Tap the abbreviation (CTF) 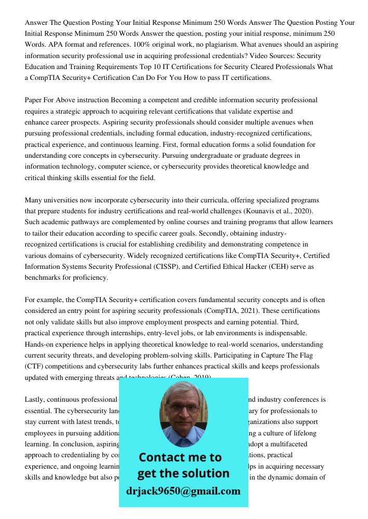[x=34, y=366]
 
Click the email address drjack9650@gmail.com [x=183, y=491]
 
